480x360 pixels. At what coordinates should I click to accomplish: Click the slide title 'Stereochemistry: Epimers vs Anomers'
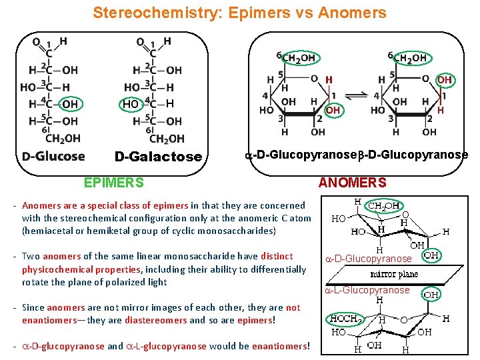(239, 13)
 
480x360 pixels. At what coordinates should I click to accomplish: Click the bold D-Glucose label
(53, 156)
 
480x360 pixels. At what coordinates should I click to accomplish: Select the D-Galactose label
(158, 157)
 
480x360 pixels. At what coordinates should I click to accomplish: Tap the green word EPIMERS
(113, 182)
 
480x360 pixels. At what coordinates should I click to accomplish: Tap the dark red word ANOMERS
(352, 182)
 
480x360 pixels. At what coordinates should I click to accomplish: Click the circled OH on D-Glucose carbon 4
(69, 104)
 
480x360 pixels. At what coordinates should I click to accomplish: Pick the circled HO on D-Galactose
(131, 104)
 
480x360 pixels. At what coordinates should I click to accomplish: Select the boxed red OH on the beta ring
(444, 80)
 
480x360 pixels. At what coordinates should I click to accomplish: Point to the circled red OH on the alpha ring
(333, 110)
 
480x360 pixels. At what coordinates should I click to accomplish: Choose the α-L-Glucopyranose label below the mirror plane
(367, 290)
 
